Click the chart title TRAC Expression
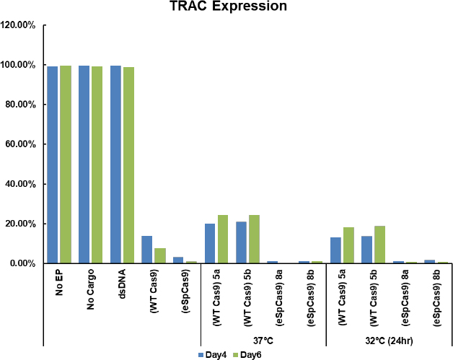click(x=226, y=8)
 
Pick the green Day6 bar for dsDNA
click(x=128, y=165)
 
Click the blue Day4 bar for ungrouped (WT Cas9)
click(x=147, y=250)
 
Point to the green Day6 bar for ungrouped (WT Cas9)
click(x=160, y=255)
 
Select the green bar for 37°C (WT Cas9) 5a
click(x=223, y=239)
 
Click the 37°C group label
click(x=263, y=337)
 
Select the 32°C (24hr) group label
click(x=390, y=337)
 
